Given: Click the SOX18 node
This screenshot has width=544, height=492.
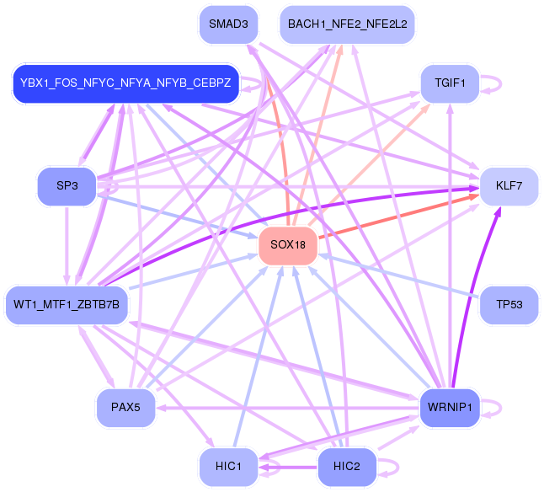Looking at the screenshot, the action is pyautogui.click(x=288, y=245).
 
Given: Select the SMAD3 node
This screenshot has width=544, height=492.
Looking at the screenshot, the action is pyautogui.click(x=228, y=24).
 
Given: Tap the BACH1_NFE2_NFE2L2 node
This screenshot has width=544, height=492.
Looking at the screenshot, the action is pyautogui.click(x=347, y=24).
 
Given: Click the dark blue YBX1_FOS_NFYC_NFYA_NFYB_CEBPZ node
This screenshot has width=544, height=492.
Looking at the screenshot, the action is pyautogui.click(x=125, y=83).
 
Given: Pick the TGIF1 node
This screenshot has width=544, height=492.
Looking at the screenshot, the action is pyautogui.click(x=450, y=83).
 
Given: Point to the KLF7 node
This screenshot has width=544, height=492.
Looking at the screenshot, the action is pyautogui.click(x=509, y=186).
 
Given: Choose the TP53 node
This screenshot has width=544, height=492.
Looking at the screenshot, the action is pyautogui.click(x=509, y=305).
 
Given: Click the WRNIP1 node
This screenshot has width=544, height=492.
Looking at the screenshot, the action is pyautogui.click(x=450, y=408).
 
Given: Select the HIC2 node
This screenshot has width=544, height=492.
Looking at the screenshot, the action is pyautogui.click(x=347, y=467).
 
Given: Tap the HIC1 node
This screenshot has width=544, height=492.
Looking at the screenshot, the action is pyautogui.click(x=228, y=467).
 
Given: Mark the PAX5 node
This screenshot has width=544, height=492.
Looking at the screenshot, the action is pyautogui.click(x=125, y=408).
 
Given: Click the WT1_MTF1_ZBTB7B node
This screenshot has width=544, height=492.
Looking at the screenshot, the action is pyautogui.click(x=67, y=305).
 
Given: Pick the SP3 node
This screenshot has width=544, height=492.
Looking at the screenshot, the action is pyautogui.click(x=67, y=186).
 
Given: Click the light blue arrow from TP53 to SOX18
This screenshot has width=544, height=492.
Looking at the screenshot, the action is pyautogui.click(x=398, y=276).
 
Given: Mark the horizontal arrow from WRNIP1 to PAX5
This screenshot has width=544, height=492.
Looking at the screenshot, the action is pyautogui.click(x=288, y=408).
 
